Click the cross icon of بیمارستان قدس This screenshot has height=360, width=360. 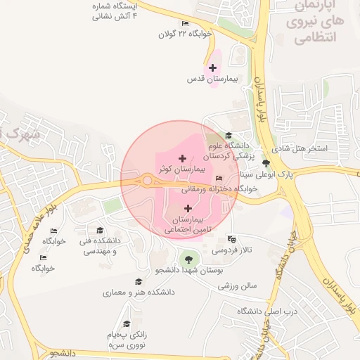pyautogui.click(x=212, y=68)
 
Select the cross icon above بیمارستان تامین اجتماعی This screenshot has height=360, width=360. pyautogui.click(x=188, y=208)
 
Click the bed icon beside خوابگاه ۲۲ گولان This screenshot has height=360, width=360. pyautogui.click(x=185, y=24)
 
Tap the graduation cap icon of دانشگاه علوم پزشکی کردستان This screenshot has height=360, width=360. pyautogui.click(x=228, y=136)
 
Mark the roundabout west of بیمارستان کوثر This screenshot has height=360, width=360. pyautogui.click(x=147, y=181)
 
